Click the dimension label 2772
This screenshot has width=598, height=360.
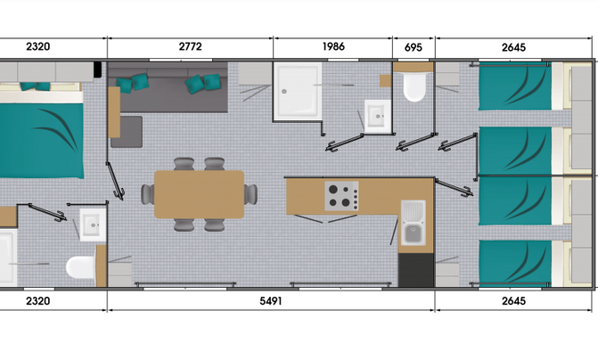190,46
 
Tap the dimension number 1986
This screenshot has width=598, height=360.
333,46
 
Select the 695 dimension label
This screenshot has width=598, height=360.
414,47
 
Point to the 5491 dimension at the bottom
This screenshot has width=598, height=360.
271,301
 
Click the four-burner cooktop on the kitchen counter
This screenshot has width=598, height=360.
341,196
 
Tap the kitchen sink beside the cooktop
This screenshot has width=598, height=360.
413,223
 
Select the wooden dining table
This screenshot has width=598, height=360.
199,194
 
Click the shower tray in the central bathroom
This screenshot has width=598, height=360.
298,91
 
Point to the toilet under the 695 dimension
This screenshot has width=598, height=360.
414,86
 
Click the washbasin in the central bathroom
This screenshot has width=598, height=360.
378,116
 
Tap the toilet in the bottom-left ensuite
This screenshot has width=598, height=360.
80,266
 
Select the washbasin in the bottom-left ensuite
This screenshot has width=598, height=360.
93,225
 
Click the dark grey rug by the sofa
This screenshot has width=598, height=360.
127,132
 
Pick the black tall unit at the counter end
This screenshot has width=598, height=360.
416,270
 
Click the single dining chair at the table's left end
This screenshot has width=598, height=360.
148,194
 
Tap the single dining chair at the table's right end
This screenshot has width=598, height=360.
251,194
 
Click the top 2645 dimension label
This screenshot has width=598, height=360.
513,47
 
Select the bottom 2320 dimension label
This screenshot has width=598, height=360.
37,301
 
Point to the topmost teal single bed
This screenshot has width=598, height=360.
515,86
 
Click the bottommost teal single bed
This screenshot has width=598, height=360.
515,263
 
